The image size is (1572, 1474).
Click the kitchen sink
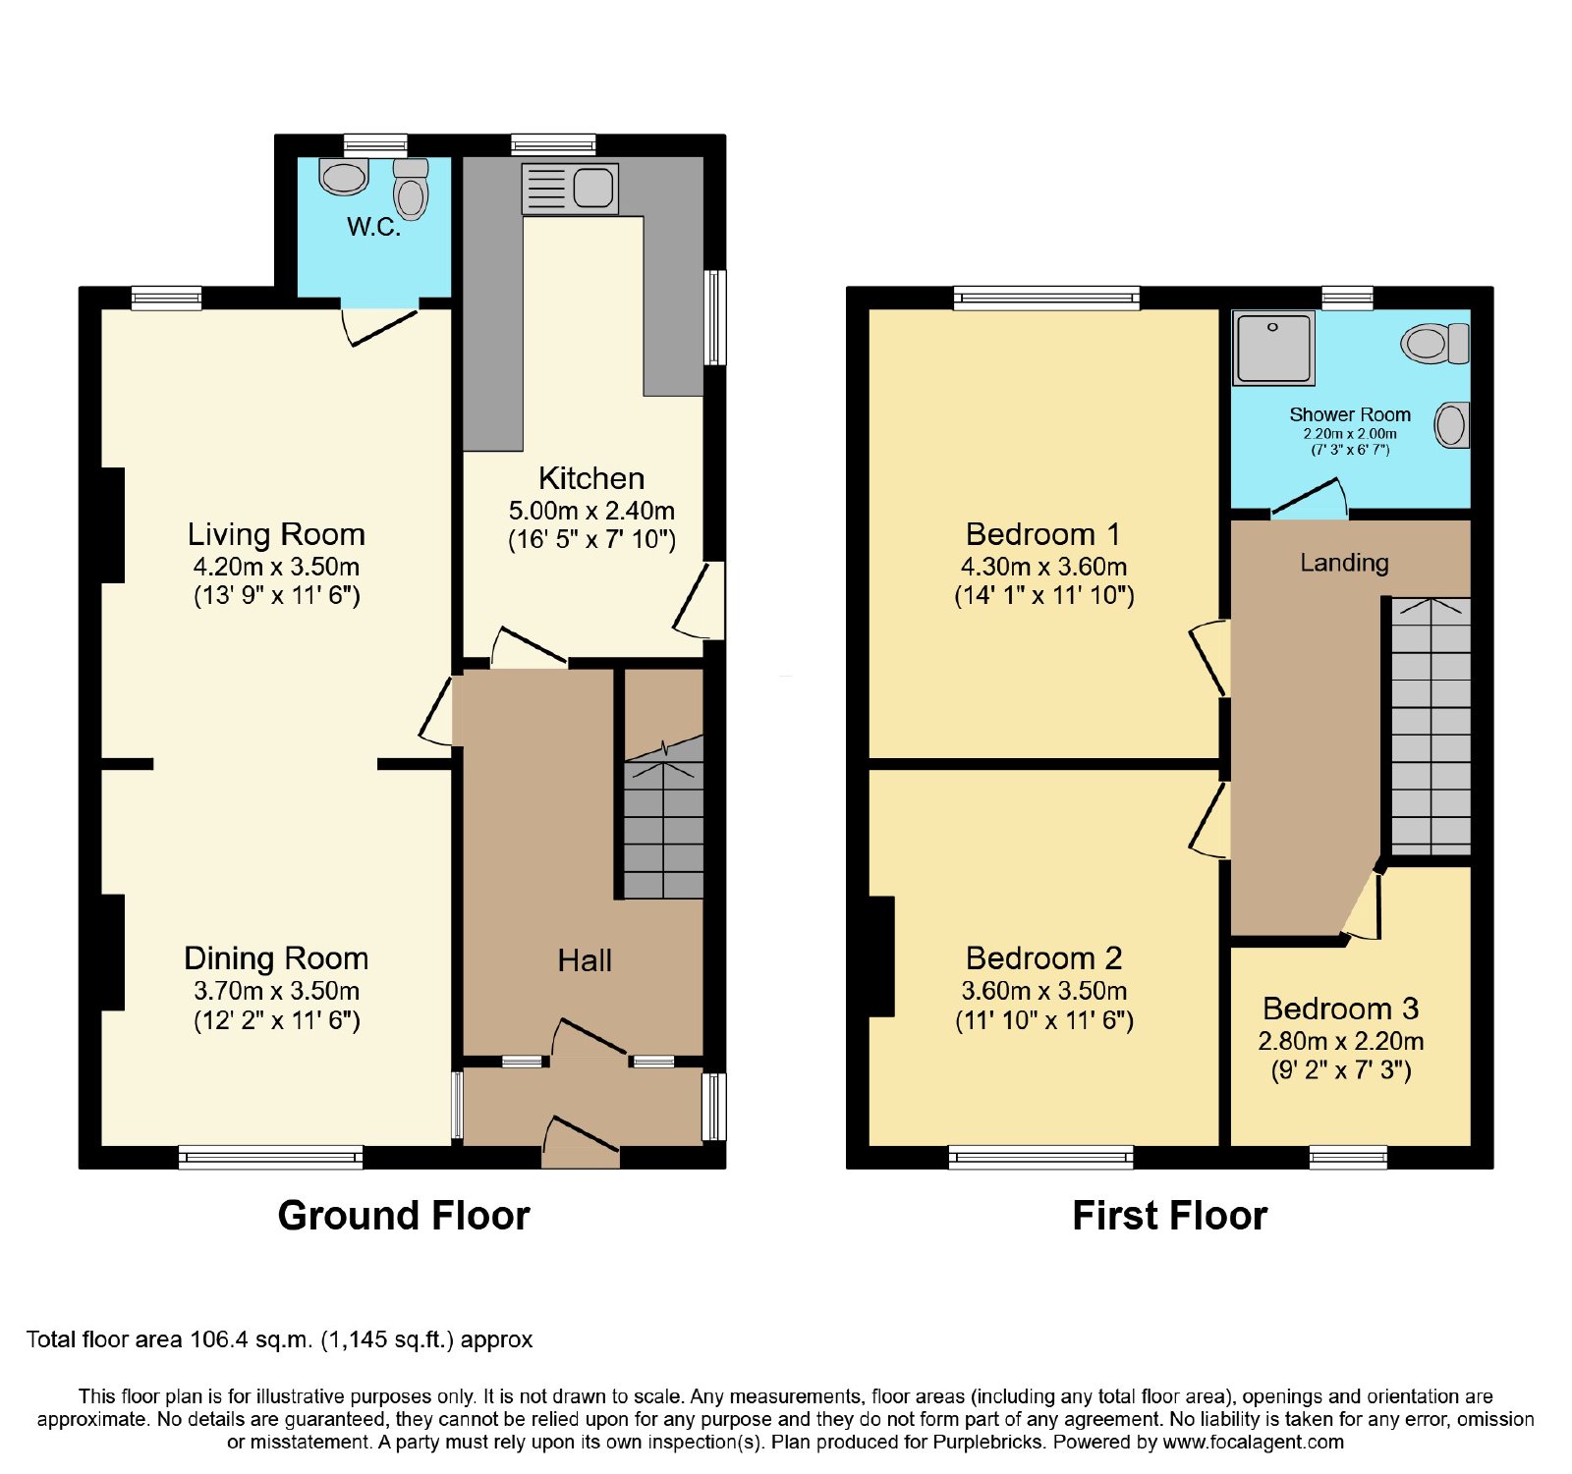pyautogui.click(x=570, y=189)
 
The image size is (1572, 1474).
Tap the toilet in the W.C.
pyautogui.click(x=411, y=190)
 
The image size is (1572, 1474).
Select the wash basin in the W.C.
pyautogui.click(x=344, y=177)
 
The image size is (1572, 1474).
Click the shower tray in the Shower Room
pyautogui.click(x=1274, y=348)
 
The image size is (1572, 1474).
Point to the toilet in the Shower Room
pyautogui.click(x=1435, y=344)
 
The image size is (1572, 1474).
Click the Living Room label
pyautogui.click(x=276, y=534)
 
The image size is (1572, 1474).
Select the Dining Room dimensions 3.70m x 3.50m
pyautogui.click(x=276, y=991)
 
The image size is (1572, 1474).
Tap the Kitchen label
pyautogui.click(x=591, y=478)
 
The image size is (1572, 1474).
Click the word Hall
pyautogui.click(x=585, y=960)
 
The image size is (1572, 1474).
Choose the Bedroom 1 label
pyautogui.click(x=1043, y=534)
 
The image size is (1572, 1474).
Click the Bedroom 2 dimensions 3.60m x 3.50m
pyautogui.click(x=1044, y=991)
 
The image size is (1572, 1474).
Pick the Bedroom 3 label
pyautogui.click(x=1341, y=1009)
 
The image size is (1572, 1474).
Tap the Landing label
pyautogui.click(x=1344, y=563)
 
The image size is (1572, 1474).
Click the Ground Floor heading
pyautogui.click(x=404, y=1216)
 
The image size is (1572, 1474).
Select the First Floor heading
pyautogui.click(x=1170, y=1216)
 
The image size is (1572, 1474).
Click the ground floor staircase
pyautogui.click(x=664, y=817)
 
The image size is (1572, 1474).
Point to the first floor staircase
pyautogui.click(x=1432, y=727)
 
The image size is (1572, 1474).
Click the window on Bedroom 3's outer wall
pyautogui.click(x=1348, y=1158)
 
